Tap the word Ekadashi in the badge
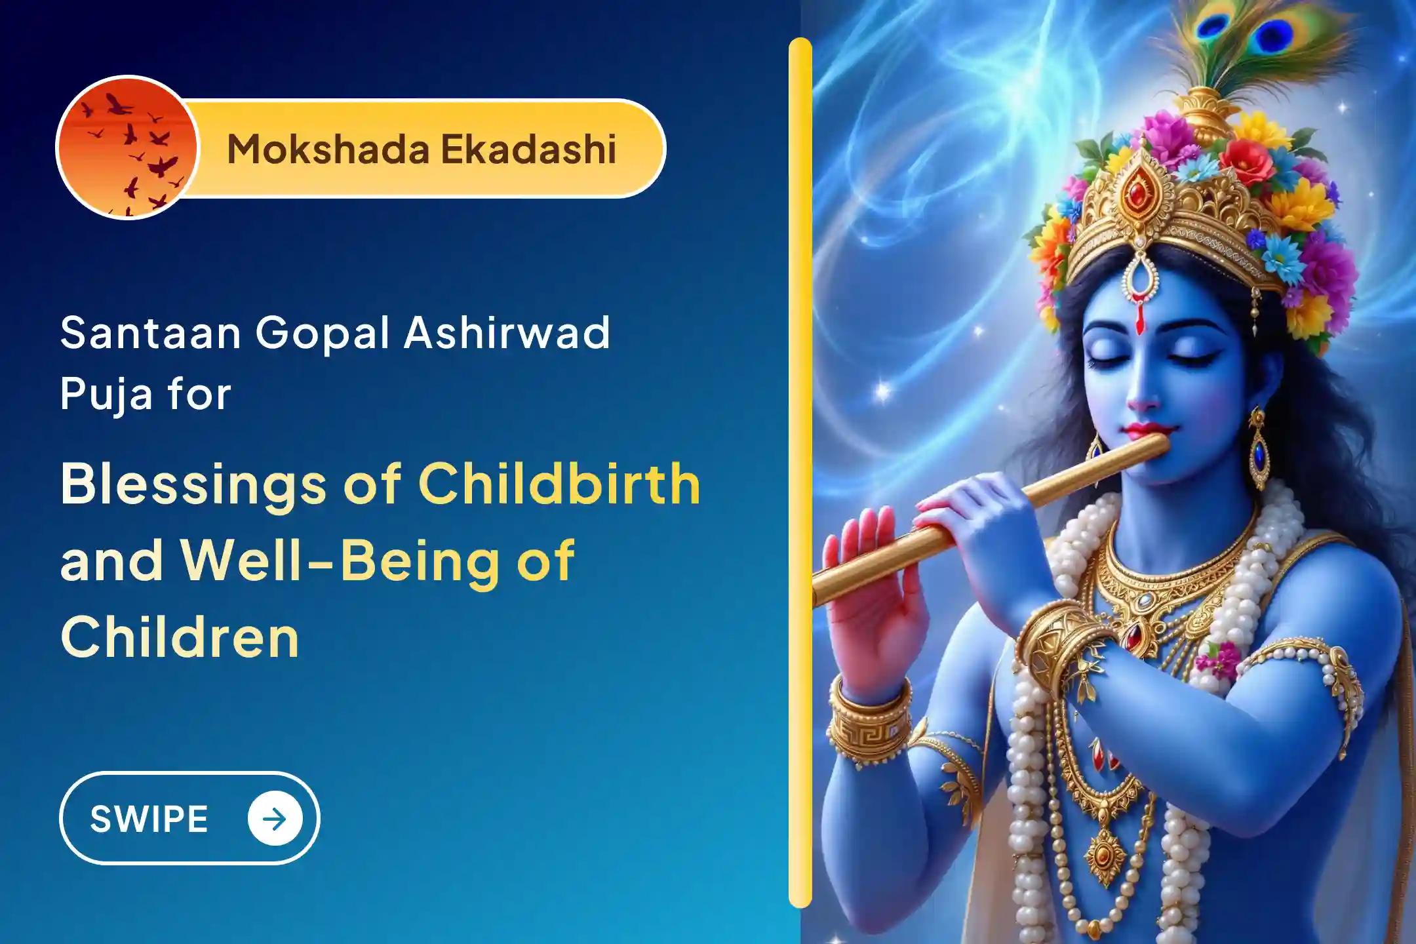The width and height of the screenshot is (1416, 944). click(x=528, y=149)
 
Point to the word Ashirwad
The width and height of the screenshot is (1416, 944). click(x=506, y=332)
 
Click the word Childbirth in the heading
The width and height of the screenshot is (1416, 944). click(x=559, y=484)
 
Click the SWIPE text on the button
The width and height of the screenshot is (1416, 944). click(x=149, y=819)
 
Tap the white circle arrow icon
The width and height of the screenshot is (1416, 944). click(x=275, y=819)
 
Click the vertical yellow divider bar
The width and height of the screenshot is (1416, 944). click(x=800, y=472)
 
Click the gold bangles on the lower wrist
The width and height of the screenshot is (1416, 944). click(x=869, y=721)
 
